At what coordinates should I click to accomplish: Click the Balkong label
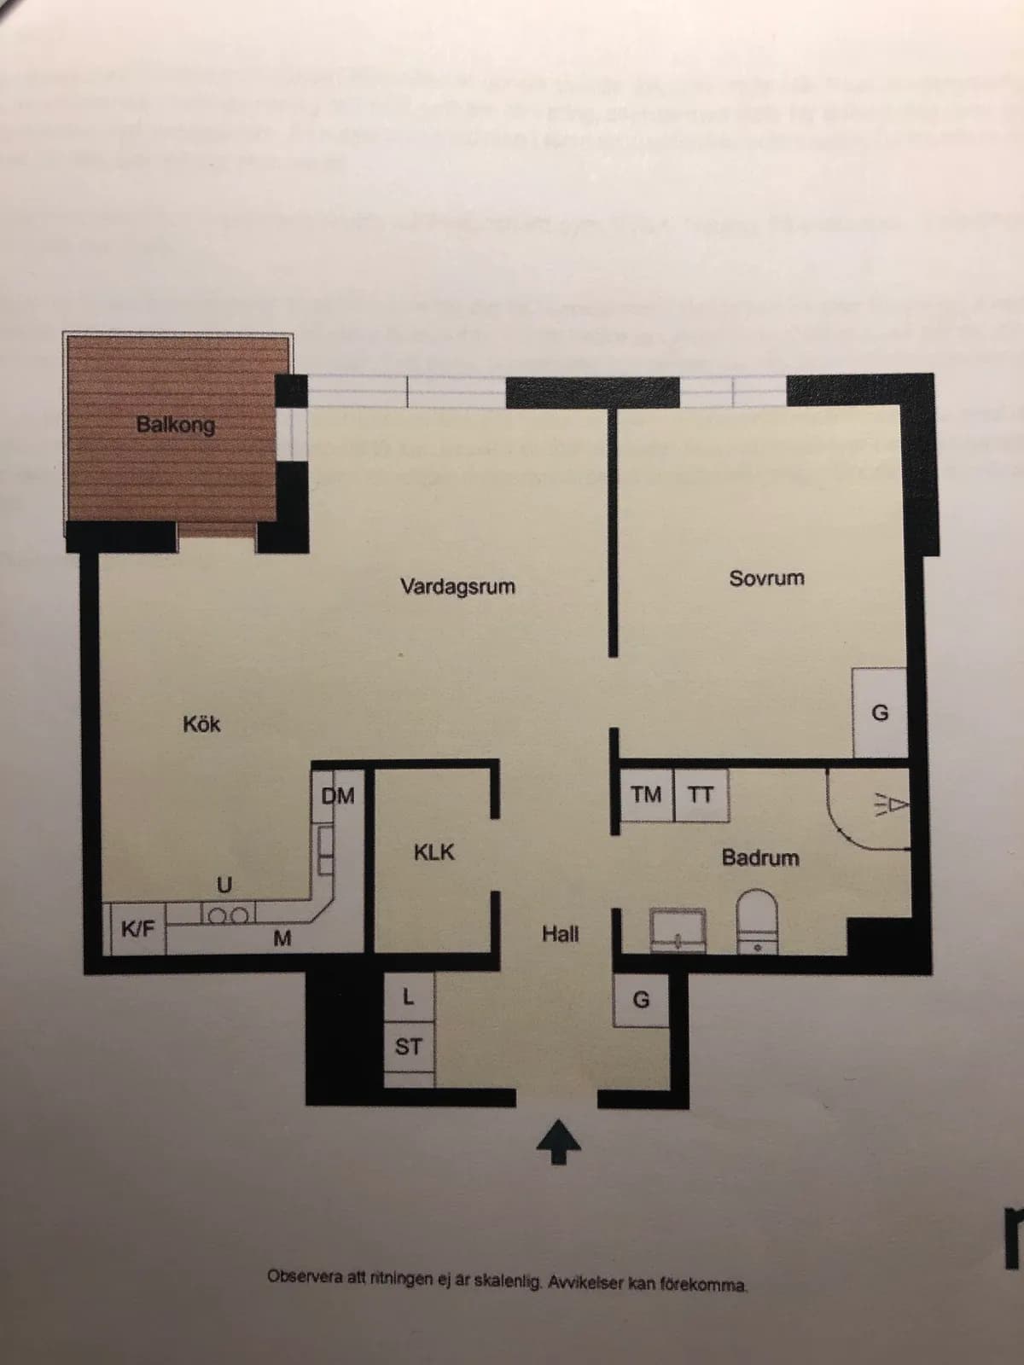tap(176, 424)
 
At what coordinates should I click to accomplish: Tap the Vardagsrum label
tap(457, 587)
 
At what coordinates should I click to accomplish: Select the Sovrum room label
tap(766, 578)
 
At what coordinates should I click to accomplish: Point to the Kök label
tap(201, 724)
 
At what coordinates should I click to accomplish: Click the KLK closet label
tap(433, 852)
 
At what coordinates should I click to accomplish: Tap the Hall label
tap(560, 934)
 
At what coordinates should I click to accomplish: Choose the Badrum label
tap(760, 857)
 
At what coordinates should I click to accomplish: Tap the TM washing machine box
tap(646, 795)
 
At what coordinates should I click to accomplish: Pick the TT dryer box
tap(701, 795)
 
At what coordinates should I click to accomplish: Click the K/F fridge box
tap(137, 928)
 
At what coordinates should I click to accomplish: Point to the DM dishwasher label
tap(338, 796)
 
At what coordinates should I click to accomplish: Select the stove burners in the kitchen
tap(228, 916)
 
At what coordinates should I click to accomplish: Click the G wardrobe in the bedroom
tap(880, 712)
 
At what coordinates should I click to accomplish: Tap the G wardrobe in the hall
tap(640, 999)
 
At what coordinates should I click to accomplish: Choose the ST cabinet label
tap(408, 1046)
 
